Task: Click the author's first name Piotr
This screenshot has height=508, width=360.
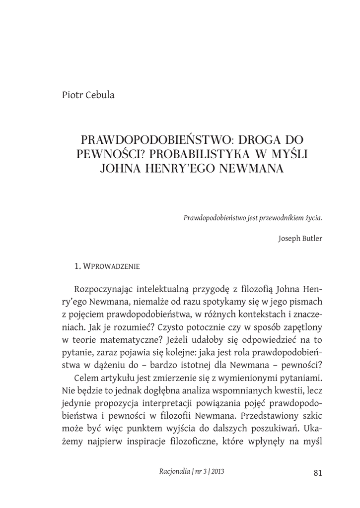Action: tap(72, 95)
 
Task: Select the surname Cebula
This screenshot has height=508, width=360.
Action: tap(99, 95)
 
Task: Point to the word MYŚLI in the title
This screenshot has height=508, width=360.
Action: tap(289, 154)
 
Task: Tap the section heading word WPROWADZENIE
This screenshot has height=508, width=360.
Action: tap(111, 266)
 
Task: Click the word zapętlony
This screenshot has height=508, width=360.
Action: tap(299, 326)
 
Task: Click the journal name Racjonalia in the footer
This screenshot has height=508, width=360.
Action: tap(171, 472)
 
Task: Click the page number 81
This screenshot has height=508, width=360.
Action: tap(318, 472)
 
